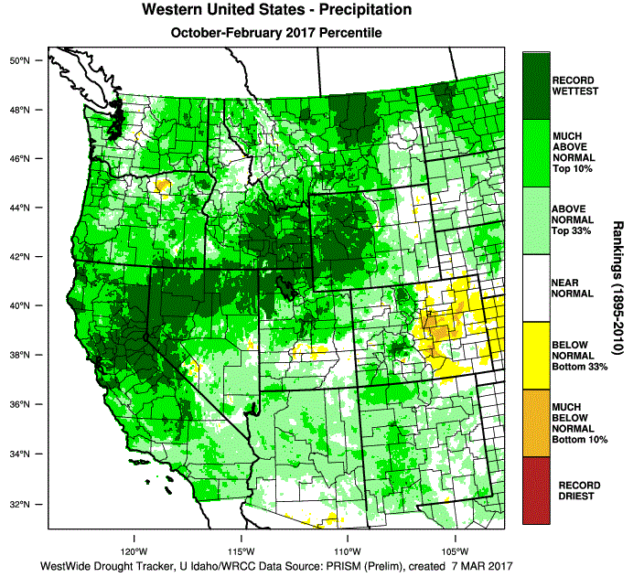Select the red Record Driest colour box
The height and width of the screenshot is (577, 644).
pos(536,489)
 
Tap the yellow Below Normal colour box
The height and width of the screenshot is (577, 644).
pos(536,355)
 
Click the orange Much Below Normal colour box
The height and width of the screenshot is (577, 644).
pos(536,422)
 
